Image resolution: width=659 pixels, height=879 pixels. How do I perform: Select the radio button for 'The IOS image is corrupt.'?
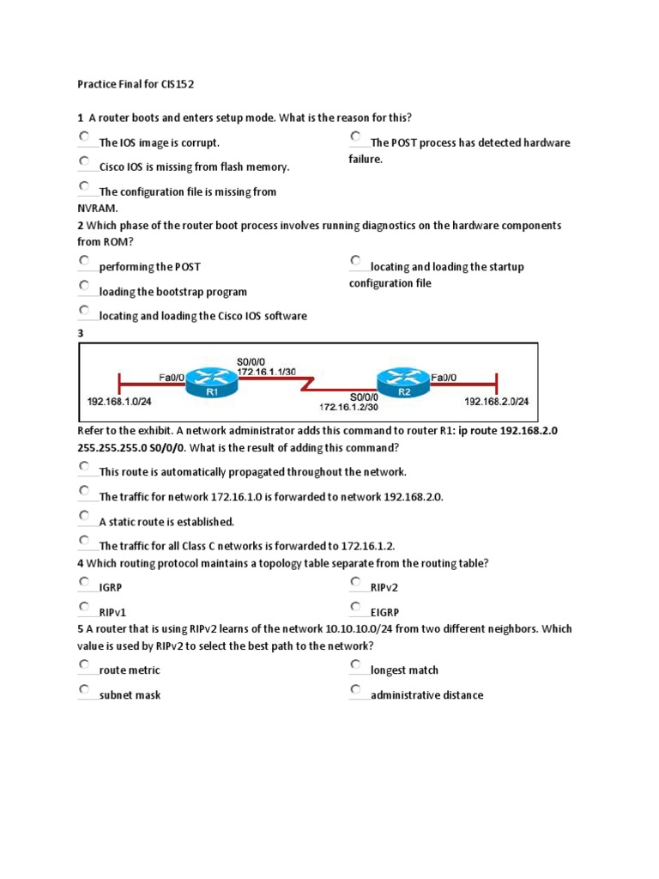tap(84, 136)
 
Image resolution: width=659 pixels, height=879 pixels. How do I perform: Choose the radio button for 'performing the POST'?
tap(84, 260)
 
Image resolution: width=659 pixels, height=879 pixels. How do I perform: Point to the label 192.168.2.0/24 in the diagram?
tap(497, 401)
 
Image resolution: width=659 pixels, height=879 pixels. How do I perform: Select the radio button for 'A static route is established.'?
tap(84, 515)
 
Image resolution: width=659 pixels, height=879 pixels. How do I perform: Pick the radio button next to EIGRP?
tap(355, 607)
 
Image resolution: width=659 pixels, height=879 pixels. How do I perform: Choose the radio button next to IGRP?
tap(84, 582)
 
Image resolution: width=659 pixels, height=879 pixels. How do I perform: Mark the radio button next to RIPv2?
tap(355, 582)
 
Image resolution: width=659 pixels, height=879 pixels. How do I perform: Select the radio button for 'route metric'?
tap(84, 664)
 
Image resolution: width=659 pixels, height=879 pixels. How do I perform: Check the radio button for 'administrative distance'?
tap(355, 689)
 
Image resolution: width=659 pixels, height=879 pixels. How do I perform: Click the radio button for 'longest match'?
tap(355, 664)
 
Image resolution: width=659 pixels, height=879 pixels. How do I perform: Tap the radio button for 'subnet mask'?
tap(84, 689)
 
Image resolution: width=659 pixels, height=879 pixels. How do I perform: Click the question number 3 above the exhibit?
tap(80, 332)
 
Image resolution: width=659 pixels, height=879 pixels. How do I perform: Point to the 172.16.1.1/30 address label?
tap(265, 371)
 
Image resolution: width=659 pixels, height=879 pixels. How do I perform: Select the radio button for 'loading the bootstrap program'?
tap(84, 285)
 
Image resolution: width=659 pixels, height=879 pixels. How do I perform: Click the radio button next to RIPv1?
tap(84, 607)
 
